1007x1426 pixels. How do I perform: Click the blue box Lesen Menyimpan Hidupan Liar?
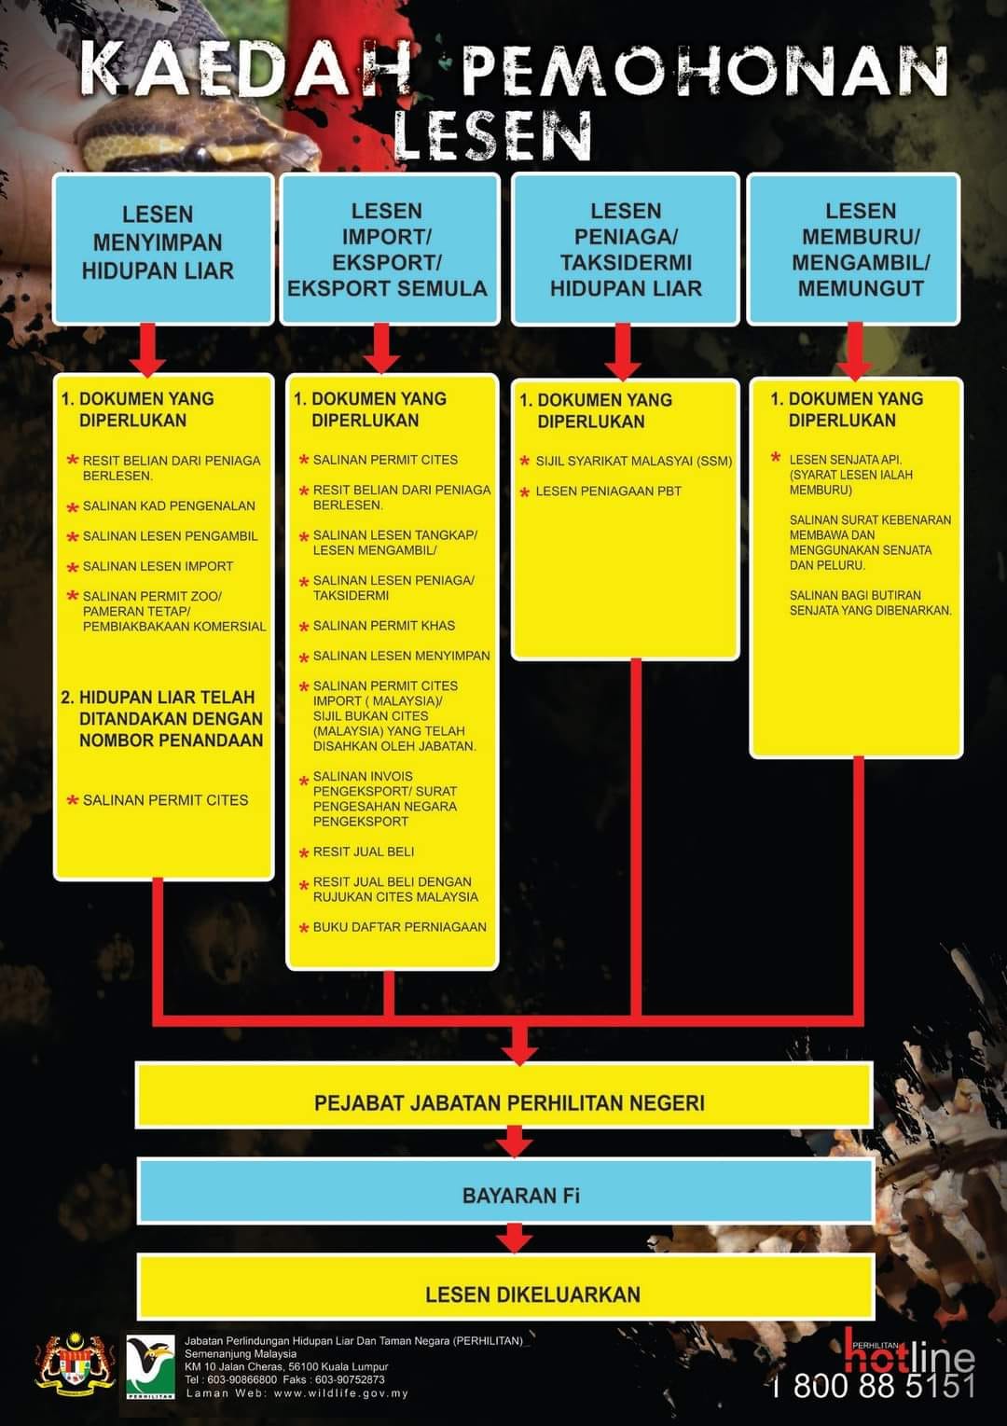coord(163,249)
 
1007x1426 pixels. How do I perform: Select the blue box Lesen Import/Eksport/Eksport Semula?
coord(390,249)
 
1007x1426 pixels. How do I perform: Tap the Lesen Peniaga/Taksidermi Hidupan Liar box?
coord(625,249)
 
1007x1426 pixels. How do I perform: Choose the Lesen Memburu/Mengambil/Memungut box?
coord(853,249)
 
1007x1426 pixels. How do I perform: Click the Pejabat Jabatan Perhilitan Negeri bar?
coord(504,1102)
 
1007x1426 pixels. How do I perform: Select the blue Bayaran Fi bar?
coord(506,1195)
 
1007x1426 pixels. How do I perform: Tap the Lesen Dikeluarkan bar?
coord(506,1294)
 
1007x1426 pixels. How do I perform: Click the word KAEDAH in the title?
coord(246,72)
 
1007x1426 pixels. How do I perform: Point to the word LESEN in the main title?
coord(492,135)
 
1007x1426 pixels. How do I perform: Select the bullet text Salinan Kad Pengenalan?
coord(169,506)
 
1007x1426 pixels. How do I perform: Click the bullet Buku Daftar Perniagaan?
coord(399,927)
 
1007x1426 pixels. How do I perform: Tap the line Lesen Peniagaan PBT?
coord(608,491)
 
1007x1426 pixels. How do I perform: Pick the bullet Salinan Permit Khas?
coord(384,626)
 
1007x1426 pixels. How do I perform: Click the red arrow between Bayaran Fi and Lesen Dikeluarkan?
coord(515,1240)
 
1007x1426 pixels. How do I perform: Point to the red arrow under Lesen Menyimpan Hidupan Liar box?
coord(147,349)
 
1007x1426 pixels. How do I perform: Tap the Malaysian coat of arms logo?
coord(75,1364)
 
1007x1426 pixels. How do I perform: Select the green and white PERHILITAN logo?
coord(150,1366)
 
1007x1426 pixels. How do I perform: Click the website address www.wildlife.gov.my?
coord(340,1393)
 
